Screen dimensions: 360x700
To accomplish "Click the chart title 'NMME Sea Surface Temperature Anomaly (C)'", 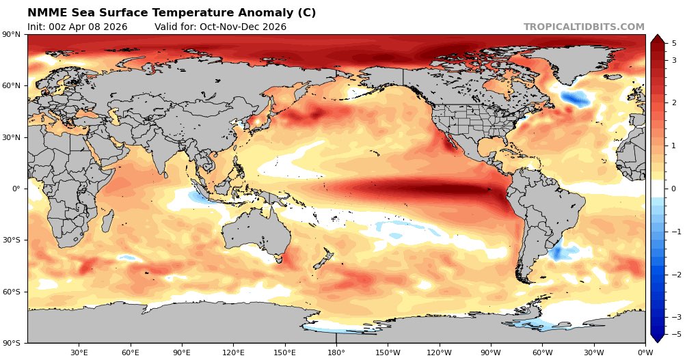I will (172, 13).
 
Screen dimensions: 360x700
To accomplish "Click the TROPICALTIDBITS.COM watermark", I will (584, 27).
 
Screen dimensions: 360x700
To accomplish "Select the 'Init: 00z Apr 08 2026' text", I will (77, 27).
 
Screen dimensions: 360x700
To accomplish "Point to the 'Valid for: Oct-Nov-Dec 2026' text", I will (220, 27).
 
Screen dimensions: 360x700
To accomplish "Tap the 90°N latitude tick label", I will (12, 35).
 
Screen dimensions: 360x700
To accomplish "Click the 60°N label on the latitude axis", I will (12, 86).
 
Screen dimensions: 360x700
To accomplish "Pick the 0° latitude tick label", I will (16, 189).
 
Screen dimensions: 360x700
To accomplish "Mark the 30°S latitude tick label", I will (12, 240).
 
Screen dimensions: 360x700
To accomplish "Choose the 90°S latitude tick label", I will (12, 343).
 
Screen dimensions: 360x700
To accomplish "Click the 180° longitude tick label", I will (336, 352).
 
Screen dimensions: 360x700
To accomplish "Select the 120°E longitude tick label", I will (233, 352).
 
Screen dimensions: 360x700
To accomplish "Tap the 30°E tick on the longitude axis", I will (79, 352).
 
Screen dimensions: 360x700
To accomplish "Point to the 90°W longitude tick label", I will (491, 352).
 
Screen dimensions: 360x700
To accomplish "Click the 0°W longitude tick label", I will (645, 352).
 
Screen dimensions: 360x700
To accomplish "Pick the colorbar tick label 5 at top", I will (674, 43).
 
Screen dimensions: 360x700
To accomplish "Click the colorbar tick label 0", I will (674, 189).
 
